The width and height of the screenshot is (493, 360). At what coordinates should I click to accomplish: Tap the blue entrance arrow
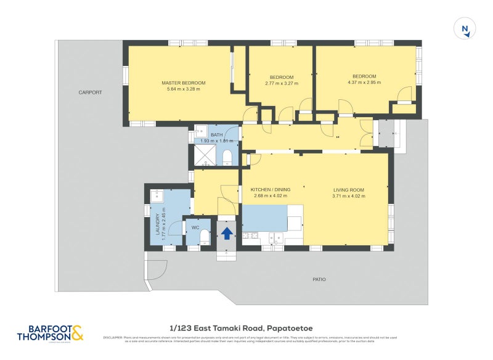pyautogui.click(x=227, y=233)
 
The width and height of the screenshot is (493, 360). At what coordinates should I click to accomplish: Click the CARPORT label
pyautogui.click(x=90, y=92)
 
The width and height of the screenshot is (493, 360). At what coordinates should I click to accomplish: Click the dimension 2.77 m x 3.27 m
pyautogui.click(x=281, y=83)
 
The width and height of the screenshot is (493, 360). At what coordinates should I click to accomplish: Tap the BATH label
pyautogui.click(x=216, y=135)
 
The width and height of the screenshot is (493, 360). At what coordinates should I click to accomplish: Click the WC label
pyautogui.click(x=195, y=227)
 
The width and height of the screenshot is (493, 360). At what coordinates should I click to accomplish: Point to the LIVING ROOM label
pyautogui.click(x=349, y=190)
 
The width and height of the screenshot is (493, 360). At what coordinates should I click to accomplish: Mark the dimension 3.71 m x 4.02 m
pyautogui.click(x=349, y=197)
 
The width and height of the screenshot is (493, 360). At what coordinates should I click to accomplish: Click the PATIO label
pyautogui.click(x=319, y=279)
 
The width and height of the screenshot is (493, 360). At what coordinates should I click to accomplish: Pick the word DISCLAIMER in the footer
pyautogui.click(x=113, y=337)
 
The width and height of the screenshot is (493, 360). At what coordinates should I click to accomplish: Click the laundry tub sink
pyautogui.click(x=156, y=197)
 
